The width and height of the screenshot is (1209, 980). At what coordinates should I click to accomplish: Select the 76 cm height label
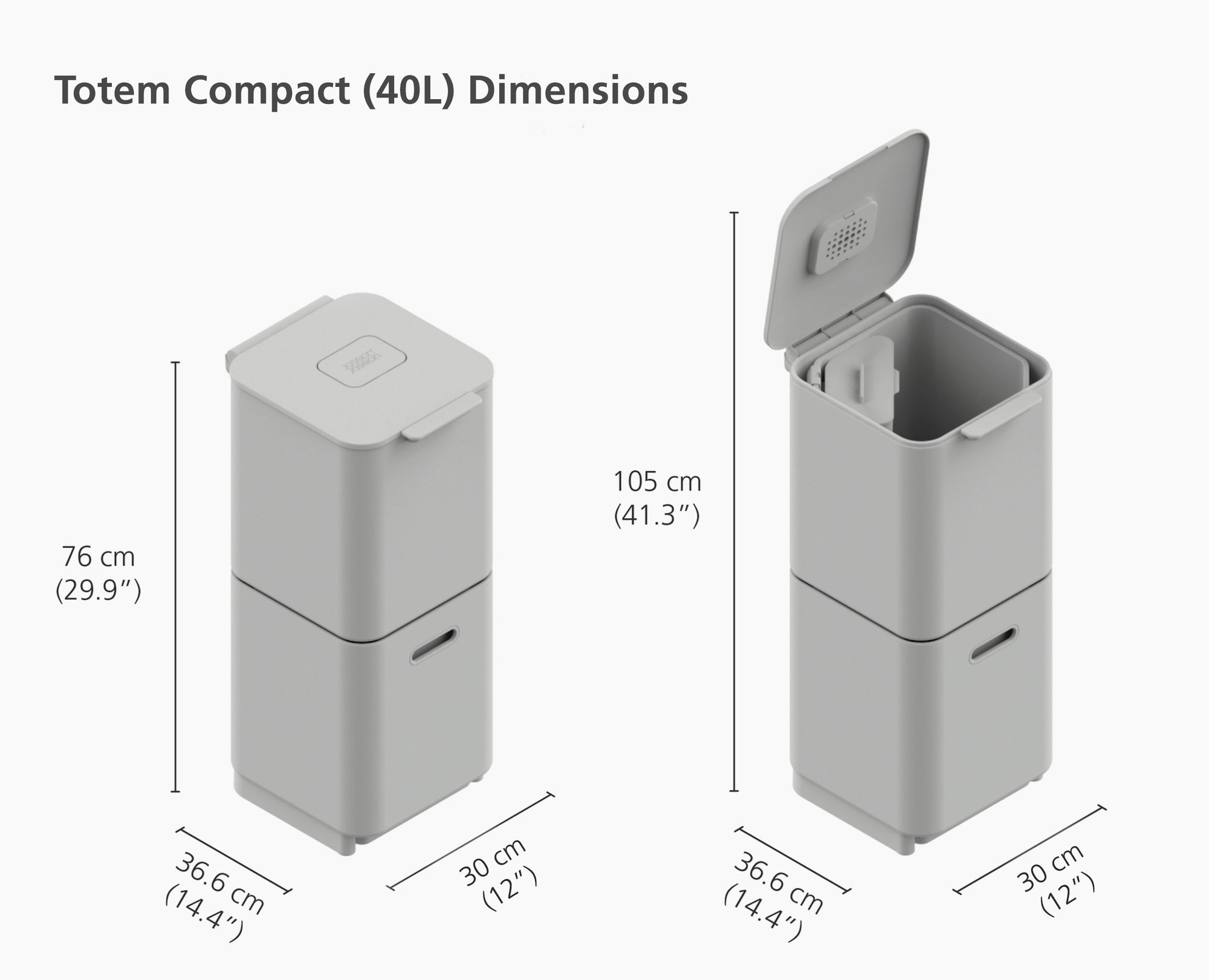99,557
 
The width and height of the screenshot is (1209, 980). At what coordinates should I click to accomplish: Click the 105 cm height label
657,482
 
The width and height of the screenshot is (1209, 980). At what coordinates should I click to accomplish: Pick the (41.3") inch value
657,515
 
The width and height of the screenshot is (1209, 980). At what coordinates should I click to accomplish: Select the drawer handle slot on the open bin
994,645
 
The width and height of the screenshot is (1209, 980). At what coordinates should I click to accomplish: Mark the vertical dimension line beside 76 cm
176,577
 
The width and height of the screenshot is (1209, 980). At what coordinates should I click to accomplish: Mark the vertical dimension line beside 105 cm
734,501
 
